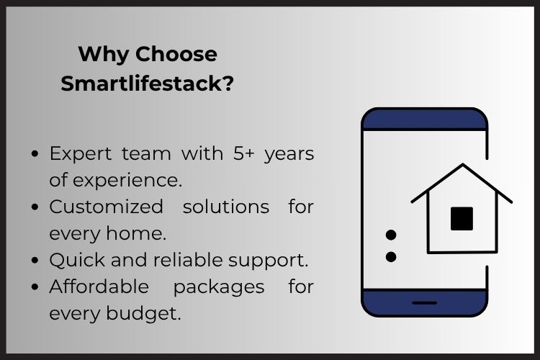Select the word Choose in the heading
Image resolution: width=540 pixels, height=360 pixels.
[x=176, y=54]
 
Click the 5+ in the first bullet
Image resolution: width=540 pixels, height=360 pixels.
[x=244, y=153]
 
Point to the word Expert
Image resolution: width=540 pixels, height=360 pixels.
[x=81, y=154]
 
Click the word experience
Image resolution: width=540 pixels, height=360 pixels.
[x=127, y=181]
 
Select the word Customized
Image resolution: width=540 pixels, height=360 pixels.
[x=106, y=207]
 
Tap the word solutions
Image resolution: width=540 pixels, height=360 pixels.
[x=226, y=207]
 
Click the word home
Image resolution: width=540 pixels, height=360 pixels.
[x=136, y=233]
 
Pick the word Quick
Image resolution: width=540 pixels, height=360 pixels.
[x=77, y=260]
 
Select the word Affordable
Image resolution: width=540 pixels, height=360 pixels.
[x=99, y=287]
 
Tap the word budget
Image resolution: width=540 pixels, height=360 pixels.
[x=143, y=313]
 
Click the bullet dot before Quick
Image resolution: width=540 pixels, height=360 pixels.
[x=35, y=260]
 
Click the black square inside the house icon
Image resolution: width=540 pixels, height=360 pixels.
[x=462, y=218]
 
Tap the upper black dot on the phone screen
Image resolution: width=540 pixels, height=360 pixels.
[x=391, y=235]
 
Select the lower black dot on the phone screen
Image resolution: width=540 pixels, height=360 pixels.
[x=391, y=257]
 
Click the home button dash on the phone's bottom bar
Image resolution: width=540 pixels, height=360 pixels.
[x=425, y=303]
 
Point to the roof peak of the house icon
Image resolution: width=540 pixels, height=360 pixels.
[x=462, y=165]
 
